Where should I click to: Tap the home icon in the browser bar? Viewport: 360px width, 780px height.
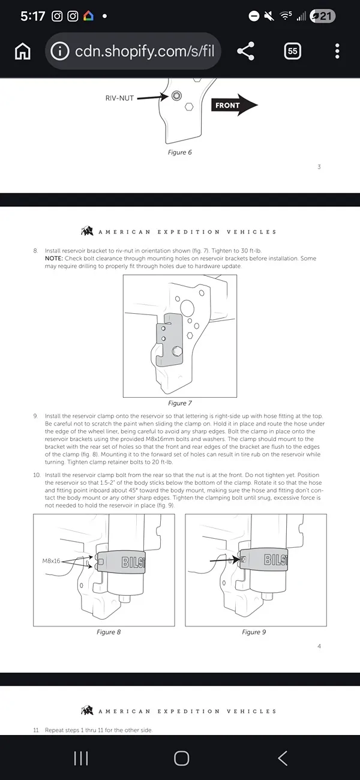point(23,52)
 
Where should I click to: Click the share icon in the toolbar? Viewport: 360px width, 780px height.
point(246,51)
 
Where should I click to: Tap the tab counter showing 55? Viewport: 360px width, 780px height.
point(292,51)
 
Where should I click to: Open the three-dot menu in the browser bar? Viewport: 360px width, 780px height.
point(337,51)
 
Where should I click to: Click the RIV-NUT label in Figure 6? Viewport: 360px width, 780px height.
point(119,98)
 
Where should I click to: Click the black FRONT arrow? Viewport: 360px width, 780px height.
point(235,105)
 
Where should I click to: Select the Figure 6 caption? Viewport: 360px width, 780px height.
point(179,152)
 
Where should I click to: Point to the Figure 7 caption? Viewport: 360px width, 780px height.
point(179,403)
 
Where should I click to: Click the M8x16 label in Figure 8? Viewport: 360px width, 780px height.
point(51,561)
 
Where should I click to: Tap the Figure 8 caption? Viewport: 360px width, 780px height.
point(109,632)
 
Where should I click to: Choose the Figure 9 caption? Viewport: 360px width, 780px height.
point(254,632)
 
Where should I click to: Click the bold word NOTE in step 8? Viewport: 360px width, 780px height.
point(54,259)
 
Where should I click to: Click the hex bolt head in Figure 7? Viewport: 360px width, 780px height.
point(177,351)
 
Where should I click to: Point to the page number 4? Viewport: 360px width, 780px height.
point(319,646)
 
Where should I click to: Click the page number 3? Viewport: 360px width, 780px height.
point(319,167)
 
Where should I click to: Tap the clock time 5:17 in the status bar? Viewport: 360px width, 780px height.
point(33,16)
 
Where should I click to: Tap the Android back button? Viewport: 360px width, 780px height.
point(283,758)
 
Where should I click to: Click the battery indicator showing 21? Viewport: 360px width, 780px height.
point(322,16)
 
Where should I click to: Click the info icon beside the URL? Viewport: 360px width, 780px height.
point(60,51)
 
